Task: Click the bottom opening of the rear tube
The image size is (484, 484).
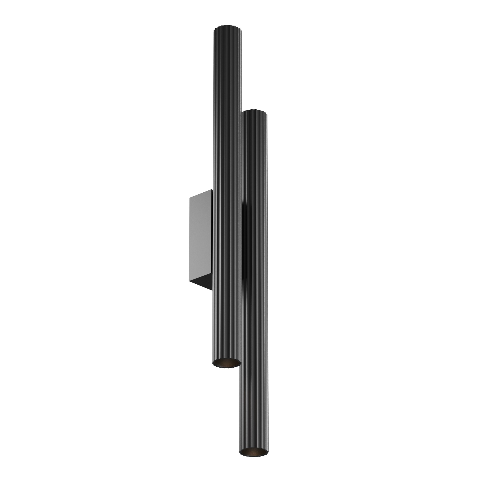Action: pos(227,363)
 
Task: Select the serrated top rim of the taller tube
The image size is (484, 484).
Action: pos(227,26)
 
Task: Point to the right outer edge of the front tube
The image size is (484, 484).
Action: pos(267,276)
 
